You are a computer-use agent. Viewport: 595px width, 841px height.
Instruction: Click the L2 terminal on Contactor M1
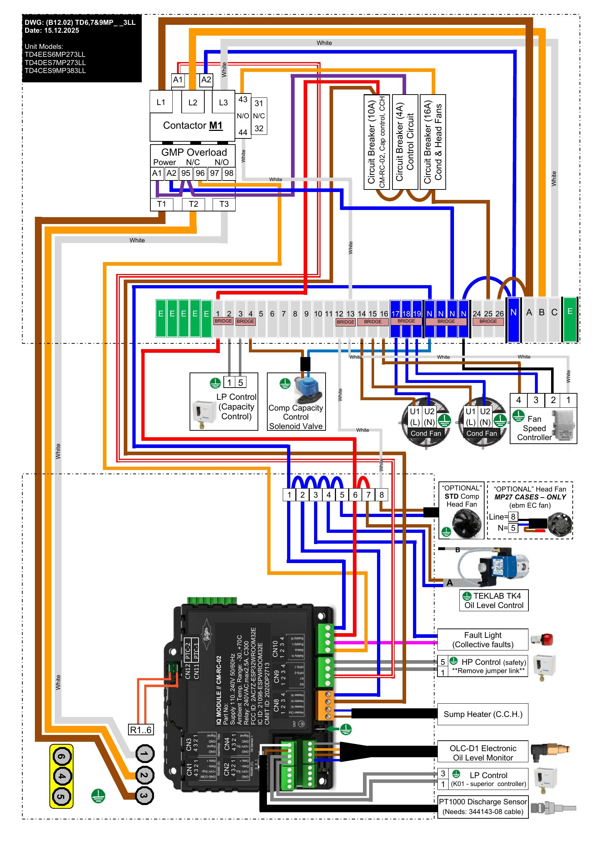(x=193, y=102)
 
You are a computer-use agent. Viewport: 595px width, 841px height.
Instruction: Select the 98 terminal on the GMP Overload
(x=229, y=173)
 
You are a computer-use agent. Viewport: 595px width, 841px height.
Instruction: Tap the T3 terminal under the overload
(x=224, y=204)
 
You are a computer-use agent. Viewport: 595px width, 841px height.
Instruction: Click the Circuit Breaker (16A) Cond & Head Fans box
(x=433, y=142)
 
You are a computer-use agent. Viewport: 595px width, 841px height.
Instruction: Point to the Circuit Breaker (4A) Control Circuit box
(x=405, y=142)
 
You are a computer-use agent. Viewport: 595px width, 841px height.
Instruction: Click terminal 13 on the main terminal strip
(x=351, y=314)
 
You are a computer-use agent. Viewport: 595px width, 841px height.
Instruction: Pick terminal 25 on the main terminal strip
(x=488, y=314)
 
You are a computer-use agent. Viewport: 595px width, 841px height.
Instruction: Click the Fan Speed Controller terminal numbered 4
(x=518, y=400)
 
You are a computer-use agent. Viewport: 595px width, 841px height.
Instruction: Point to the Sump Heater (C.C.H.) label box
(x=482, y=714)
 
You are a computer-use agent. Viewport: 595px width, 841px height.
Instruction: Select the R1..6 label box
(x=141, y=730)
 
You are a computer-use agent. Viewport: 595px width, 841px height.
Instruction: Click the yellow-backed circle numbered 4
(x=62, y=776)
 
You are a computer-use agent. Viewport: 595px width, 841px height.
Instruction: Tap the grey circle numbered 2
(x=144, y=775)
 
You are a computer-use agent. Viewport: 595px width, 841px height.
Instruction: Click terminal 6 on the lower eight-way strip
(x=355, y=495)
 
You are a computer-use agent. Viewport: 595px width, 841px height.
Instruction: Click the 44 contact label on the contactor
(x=243, y=132)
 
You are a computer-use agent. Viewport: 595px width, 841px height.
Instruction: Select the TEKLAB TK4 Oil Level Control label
(x=494, y=600)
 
